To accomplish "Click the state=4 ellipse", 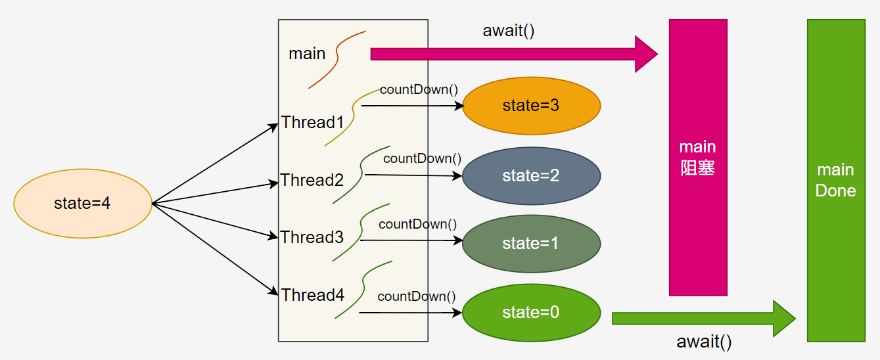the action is [x=83, y=204].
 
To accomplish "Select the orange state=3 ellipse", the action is [x=531, y=106].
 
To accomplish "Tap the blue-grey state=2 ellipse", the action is [x=531, y=175].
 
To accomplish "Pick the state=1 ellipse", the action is [x=531, y=244].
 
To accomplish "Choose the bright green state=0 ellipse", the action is [x=531, y=313].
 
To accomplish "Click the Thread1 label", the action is [x=313, y=122].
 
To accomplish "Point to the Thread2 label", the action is [x=312, y=180].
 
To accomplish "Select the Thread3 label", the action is [x=312, y=237].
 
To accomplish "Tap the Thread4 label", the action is [x=313, y=295].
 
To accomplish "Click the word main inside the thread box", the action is [x=307, y=53].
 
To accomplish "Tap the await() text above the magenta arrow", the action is [x=509, y=30].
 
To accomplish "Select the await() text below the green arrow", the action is [x=704, y=342].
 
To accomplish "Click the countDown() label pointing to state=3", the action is [x=419, y=89].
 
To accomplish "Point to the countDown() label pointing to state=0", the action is [x=417, y=296].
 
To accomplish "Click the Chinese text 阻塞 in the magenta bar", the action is [x=698, y=168].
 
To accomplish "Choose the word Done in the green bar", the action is [x=835, y=191].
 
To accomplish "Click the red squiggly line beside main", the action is [x=337, y=59].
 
